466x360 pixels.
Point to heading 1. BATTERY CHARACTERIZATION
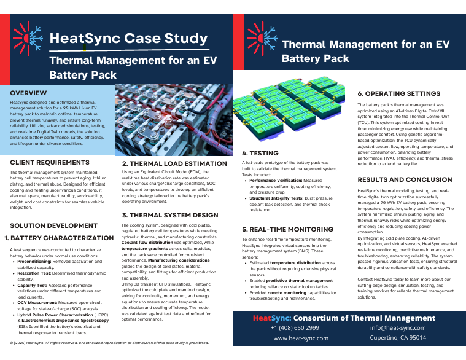point(59,238)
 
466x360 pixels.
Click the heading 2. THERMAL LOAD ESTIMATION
point(174,164)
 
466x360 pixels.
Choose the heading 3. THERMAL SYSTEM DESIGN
point(169,216)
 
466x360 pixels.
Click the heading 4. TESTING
point(260,153)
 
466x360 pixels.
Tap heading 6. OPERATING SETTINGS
point(399,94)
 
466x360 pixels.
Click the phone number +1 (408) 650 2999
point(295,328)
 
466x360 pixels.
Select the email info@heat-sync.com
point(398,328)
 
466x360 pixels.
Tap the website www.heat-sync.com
point(300,338)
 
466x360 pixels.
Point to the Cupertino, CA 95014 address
point(398,338)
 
